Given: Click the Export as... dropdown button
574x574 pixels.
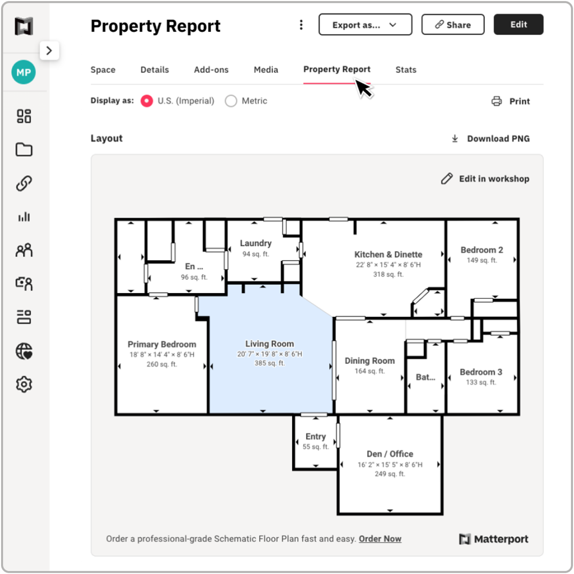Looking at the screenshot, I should tap(365, 25).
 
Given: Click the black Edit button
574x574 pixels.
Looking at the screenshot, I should tap(518, 25).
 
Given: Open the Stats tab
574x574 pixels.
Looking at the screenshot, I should tap(406, 70).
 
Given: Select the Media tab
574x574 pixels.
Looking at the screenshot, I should tap(266, 70).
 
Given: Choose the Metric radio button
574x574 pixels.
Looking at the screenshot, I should tap(231, 101).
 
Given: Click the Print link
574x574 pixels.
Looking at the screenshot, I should tap(511, 101).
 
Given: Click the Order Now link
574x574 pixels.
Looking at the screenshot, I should tap(380, 539).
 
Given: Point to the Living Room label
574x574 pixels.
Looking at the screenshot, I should tap(270, 344).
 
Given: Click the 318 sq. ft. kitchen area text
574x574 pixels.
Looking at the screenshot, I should tap(388, 274).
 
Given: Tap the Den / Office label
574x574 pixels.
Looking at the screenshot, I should tap(390, 454).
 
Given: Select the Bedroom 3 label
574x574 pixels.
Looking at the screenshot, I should tap(481, 372).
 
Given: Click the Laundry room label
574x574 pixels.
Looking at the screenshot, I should tap(256, 243).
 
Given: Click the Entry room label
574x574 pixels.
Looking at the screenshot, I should tap(316, 436).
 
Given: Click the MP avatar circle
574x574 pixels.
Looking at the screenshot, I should tap(24, 73).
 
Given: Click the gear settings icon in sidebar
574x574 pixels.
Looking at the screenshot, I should tap(24, 385).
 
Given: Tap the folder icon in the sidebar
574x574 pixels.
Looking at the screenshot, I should tap(24, 150).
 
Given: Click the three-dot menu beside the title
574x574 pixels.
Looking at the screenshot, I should tap(301, 25).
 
